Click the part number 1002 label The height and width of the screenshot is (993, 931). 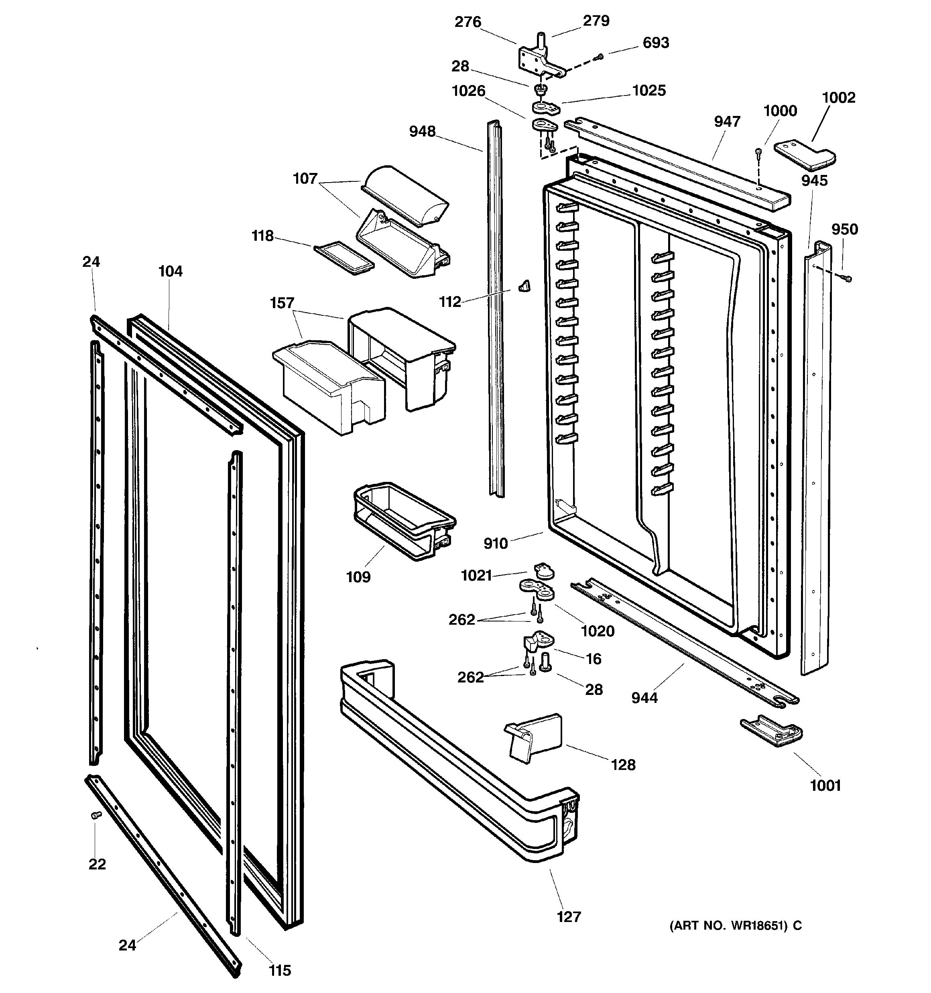point(839,97)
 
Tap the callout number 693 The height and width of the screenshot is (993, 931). point(655,43)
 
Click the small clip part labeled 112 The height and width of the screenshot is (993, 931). point(524,286)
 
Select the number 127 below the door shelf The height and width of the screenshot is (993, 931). point(569,917)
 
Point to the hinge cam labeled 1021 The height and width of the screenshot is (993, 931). point(544,571)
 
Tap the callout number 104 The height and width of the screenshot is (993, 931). point(171,271)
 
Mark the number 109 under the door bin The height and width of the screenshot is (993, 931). point(358,577)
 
